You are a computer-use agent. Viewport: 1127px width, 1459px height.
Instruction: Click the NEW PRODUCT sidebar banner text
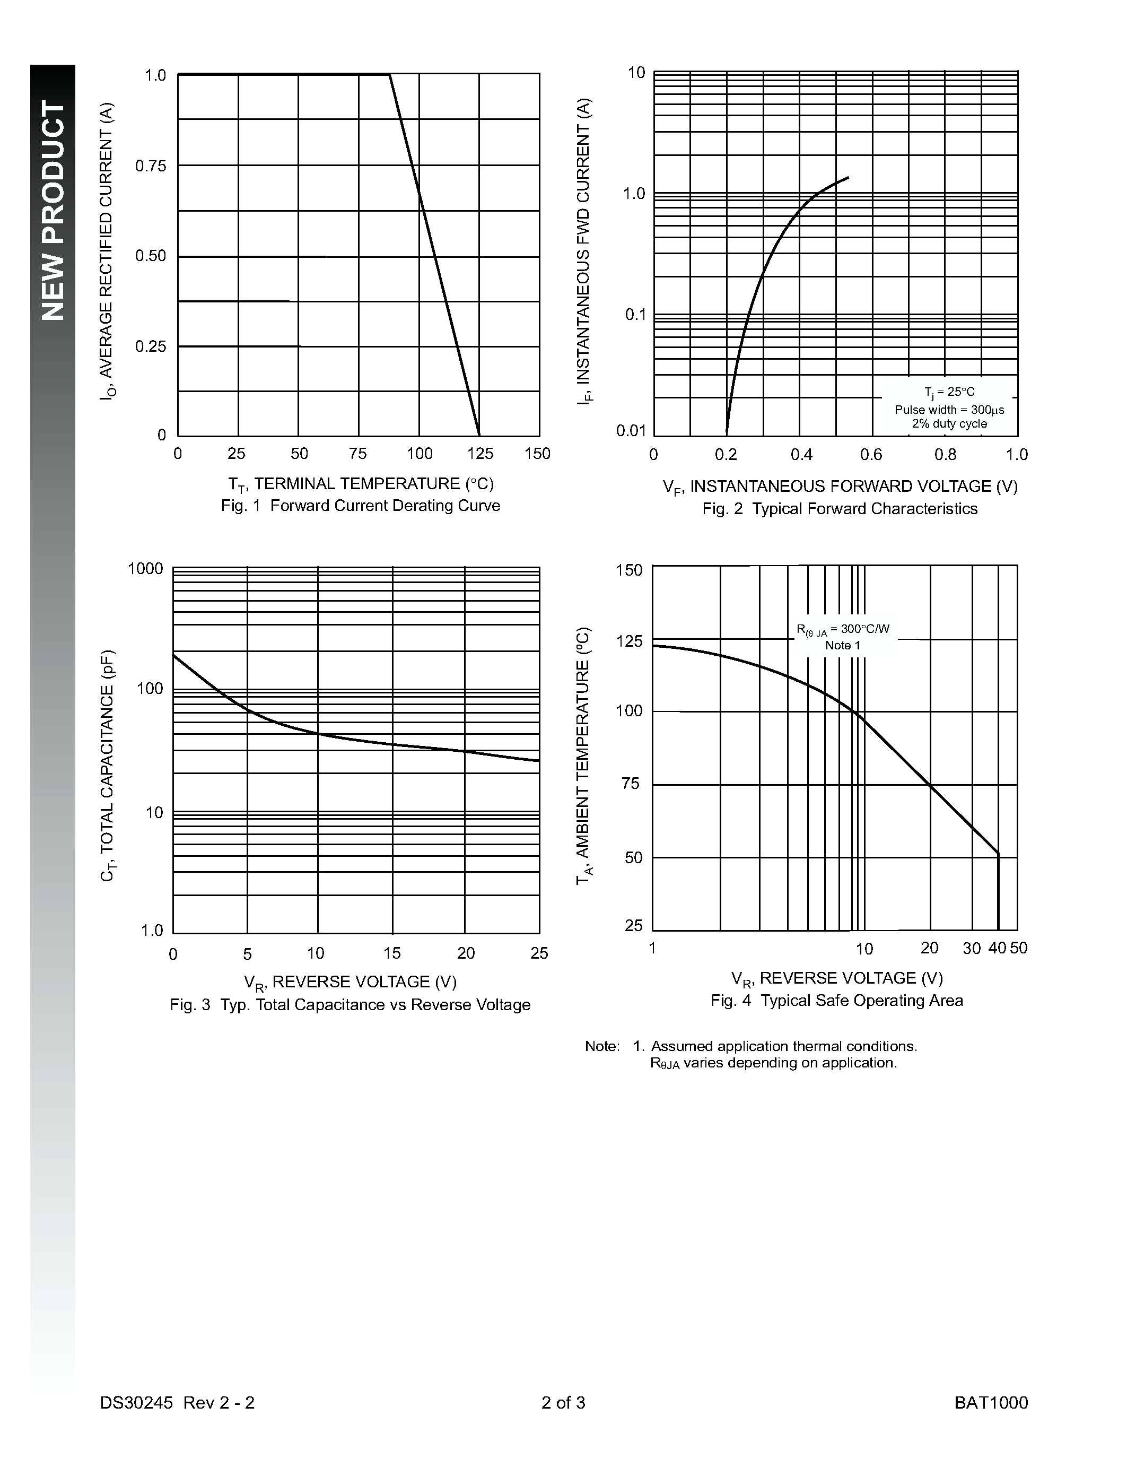coord(54,211)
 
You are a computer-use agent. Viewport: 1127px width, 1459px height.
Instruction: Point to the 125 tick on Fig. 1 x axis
coord(479,454)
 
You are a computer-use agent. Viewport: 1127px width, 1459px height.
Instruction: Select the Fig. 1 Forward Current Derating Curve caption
coord(361,506)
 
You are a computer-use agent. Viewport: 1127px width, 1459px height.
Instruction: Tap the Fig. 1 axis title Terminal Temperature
coord(361,484)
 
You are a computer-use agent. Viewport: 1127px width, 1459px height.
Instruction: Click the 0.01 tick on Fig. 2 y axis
coord(631,431)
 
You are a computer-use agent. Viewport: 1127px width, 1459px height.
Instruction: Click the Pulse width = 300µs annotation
coord(949,410)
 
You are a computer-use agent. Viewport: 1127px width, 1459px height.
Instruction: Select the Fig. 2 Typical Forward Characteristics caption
coord(839,509)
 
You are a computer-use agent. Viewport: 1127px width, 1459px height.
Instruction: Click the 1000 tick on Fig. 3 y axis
coord(145,569)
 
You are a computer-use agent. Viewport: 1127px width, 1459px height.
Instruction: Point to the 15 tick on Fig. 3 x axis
coord(392,953)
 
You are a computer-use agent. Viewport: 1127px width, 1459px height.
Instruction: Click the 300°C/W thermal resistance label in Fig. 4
coord(843,629)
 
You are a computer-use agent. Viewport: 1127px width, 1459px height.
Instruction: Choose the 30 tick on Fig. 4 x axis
coord(972,949)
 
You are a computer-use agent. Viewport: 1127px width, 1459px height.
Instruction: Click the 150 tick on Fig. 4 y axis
coord(629,570)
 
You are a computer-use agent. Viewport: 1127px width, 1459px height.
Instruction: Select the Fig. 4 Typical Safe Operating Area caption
coord(836,1001)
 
